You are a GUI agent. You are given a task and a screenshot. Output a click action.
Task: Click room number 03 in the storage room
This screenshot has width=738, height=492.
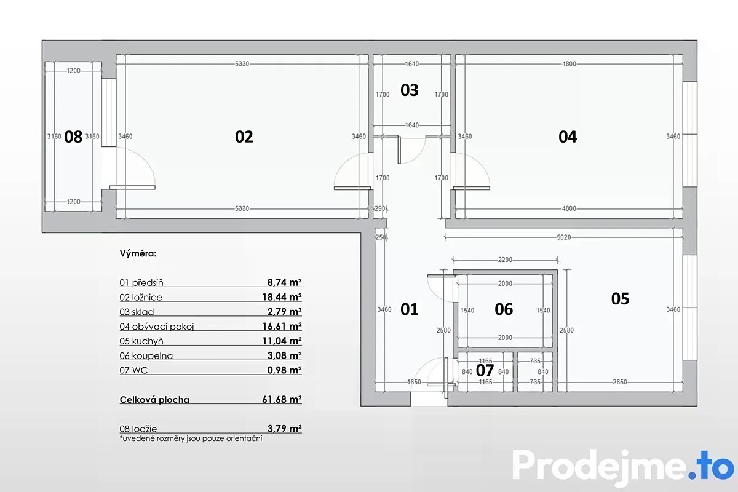click(409, 90)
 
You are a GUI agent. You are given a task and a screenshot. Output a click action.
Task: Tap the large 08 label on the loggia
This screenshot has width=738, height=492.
click(73, 137)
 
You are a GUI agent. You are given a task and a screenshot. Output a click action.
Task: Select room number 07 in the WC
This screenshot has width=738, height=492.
click(485, 370)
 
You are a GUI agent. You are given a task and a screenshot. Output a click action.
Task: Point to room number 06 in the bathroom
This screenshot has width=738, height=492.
click(504, 309)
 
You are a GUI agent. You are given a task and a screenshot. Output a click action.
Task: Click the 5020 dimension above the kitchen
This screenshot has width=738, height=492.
click(564, 237)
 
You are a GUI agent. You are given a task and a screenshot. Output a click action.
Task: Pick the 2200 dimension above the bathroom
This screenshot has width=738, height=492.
click(505, 260)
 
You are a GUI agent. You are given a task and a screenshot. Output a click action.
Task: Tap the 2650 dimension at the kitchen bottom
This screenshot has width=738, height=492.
click(620, 382)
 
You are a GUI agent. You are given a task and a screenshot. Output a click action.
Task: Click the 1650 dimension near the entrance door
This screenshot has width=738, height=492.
click(414, 382)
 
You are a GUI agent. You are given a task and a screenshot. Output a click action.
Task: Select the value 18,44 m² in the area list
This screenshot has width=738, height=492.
click(282, 297)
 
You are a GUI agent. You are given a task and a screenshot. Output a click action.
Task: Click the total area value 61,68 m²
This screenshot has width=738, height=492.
click(282, 399)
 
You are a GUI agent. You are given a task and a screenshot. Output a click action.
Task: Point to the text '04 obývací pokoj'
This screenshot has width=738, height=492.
click(157, 327)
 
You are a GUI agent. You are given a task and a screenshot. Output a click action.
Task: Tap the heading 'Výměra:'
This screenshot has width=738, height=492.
click(138, 253)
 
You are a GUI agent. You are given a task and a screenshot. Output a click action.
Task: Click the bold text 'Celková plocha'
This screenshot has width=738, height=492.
click(154, 399)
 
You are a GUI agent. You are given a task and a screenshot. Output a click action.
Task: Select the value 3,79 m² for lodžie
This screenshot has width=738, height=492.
click(285, 429)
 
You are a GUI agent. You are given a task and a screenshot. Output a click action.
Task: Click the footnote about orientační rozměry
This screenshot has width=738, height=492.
click(191, 438)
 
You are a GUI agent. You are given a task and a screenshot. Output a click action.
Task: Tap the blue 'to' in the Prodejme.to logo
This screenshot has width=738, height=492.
click(715, 466)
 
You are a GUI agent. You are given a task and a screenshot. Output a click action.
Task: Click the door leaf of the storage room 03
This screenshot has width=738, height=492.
click(399, 150)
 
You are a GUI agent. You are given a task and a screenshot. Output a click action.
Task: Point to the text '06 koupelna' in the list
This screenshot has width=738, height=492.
click(146, 355)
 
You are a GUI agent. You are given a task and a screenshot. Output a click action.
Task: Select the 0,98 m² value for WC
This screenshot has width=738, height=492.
click(285, 370)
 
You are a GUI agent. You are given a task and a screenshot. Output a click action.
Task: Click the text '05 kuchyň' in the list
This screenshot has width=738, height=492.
click(141, 341)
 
